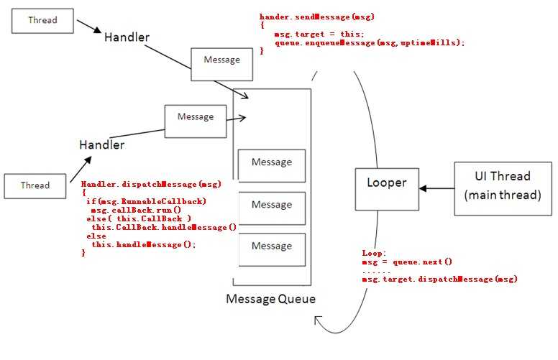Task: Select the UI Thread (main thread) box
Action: [x=502, y=185]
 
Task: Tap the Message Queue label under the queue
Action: [x=270, y=299]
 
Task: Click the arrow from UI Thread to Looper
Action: [x=436, y=188]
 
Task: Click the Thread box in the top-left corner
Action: [x=42, y=20]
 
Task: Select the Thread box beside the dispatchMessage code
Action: [x=35, y=185]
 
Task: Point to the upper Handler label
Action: [x=127, y=37]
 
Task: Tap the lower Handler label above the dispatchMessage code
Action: [x=101, y=144]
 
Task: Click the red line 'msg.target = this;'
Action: [x=319, y=34]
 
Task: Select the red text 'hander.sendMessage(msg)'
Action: [x=316, y=16]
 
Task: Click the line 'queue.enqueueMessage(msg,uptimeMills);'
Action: [x=370, y=43]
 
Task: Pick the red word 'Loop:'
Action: [x=374, y=254]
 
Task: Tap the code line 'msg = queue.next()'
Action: [x=407, y=262]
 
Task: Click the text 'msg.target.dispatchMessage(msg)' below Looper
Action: [x=439, y=279]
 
